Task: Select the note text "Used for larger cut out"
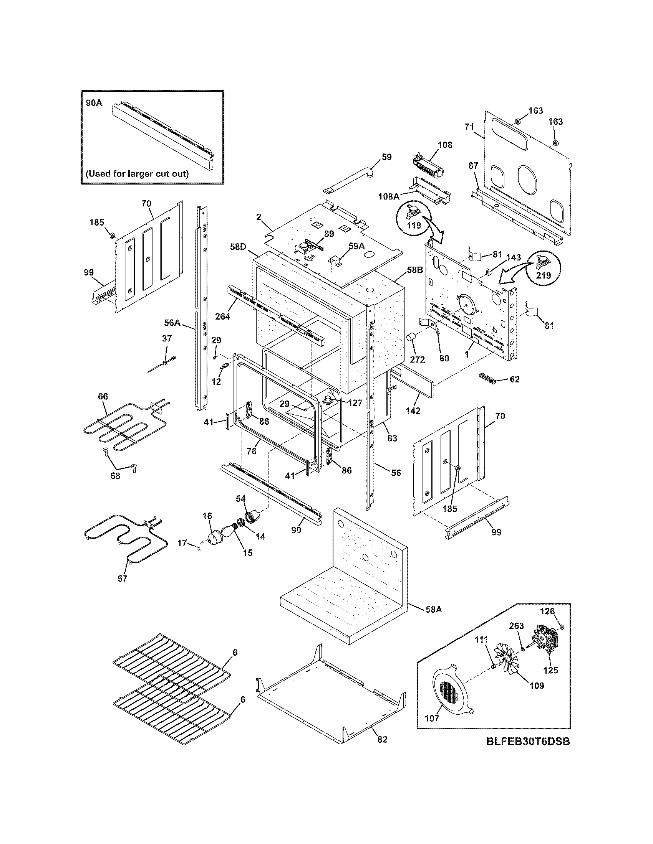(x=138, y=173)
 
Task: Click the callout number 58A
(x=434, y=610)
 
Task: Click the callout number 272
(x=418, y=359)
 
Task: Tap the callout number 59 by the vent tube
(x=386, y=157)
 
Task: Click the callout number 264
(x=223, y=316)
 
